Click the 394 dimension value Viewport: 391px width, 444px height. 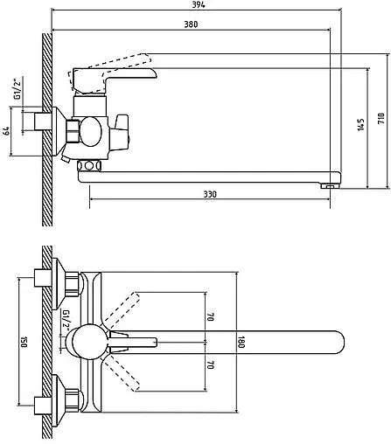(199, 4)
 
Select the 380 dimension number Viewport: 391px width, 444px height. (191, 24)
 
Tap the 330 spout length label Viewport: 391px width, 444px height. (210, 194)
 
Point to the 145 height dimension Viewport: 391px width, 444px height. (361, 124)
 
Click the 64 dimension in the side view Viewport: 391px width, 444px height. (6, 131)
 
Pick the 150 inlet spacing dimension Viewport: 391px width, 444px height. (24, 342)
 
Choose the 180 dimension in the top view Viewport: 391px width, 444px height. (241, 342)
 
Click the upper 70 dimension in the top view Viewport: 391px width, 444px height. (211, 317)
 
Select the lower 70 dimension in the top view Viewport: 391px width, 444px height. (211, 364)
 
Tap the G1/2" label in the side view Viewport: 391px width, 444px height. (18, 87)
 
